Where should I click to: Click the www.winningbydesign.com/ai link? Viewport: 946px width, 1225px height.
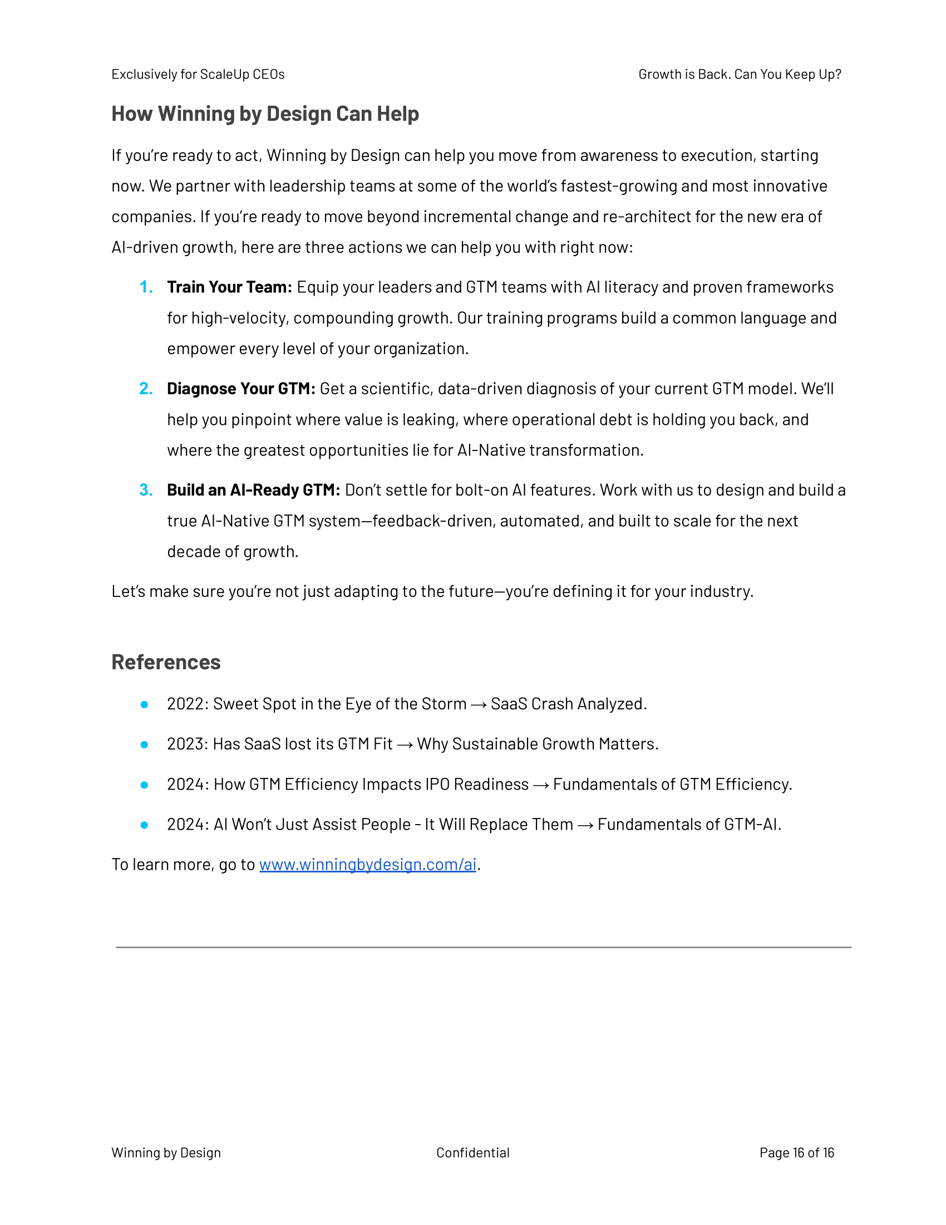tap(367, 864)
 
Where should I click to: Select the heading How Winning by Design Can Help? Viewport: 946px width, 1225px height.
tap(265, 114)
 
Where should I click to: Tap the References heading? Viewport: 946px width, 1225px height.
tap(166, 662)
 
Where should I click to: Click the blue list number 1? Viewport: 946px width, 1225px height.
tap(146, 287)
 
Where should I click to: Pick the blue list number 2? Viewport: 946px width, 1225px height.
tap(146, 389)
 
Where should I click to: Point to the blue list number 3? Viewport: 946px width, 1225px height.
tap(146, 490)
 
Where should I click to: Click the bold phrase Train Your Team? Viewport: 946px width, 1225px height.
tap(229, 287)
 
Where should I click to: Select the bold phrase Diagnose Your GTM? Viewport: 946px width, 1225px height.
tap(241, 389)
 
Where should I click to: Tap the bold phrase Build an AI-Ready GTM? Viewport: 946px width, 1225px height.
tap(253, 490)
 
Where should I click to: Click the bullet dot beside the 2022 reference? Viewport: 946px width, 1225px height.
tap(145, 704)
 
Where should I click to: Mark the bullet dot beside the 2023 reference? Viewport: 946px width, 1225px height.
tap(145, 745)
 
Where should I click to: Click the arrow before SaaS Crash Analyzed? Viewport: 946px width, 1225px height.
tap(479, 705)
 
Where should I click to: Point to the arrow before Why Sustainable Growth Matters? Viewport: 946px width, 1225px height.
tap(405, 745)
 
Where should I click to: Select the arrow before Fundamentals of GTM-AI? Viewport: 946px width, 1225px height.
tap(585, 825)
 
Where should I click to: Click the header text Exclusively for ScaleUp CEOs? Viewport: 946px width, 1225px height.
tap(198, 75)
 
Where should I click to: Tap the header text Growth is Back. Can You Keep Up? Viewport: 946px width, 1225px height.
tap(740, 75)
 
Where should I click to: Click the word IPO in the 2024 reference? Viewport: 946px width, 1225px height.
tap(437, 784)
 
